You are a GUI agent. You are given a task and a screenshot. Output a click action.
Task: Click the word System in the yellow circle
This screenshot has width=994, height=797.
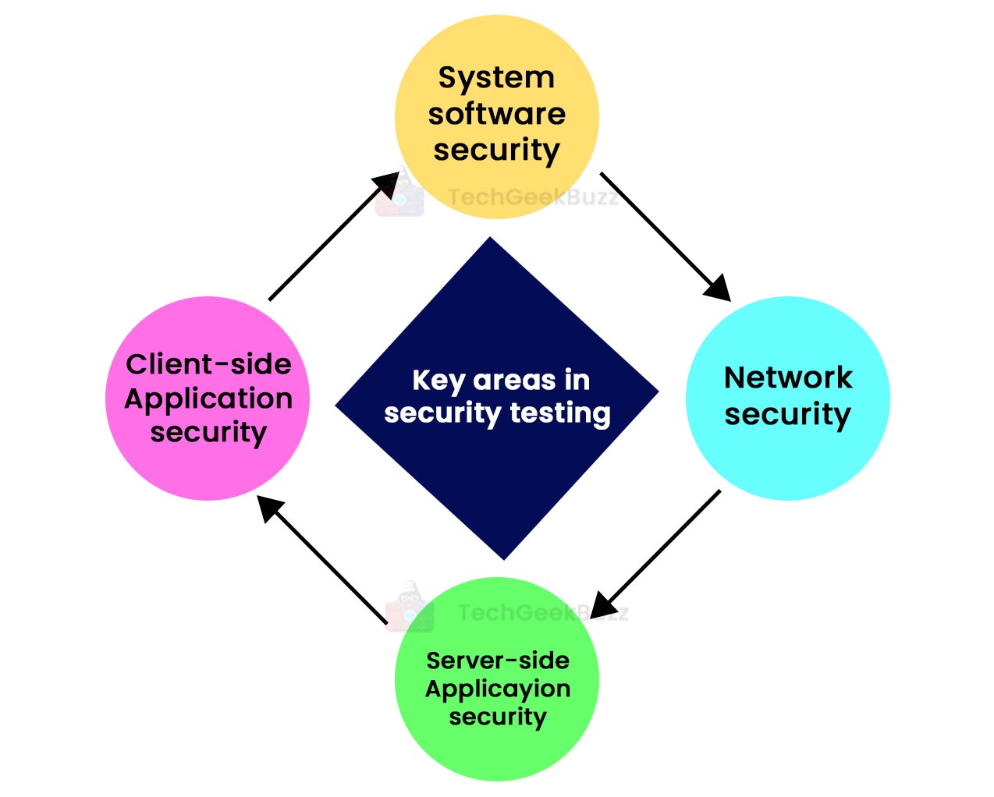496,78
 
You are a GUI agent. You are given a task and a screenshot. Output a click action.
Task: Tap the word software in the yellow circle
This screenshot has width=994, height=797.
496,114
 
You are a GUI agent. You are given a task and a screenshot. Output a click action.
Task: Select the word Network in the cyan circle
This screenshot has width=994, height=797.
788,377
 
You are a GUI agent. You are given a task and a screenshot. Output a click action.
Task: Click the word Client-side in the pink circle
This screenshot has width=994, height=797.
208,364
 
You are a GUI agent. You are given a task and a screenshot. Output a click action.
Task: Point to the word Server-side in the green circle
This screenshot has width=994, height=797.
498,661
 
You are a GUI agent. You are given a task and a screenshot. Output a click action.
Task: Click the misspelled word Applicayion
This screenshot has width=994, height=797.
498,689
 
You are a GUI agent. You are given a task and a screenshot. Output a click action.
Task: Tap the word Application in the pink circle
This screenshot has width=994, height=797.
208,399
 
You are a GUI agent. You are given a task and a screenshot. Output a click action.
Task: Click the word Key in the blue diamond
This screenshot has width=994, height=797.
438,381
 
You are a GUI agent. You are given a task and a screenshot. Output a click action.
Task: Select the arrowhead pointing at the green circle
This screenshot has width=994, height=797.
605,604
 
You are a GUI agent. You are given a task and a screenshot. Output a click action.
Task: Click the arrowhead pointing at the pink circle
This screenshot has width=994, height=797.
270,508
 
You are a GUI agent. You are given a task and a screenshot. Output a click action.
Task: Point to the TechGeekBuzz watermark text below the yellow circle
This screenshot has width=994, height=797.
533,197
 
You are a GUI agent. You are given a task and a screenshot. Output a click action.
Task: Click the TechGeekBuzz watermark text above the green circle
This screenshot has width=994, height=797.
542,613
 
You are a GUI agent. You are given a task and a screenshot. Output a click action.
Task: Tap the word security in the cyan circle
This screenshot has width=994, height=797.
788,414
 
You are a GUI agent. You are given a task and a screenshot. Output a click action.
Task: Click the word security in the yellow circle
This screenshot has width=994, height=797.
496,150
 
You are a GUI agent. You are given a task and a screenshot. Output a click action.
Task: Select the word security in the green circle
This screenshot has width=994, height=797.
498,717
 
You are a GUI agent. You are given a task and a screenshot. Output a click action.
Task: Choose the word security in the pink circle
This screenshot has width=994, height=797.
208,432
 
